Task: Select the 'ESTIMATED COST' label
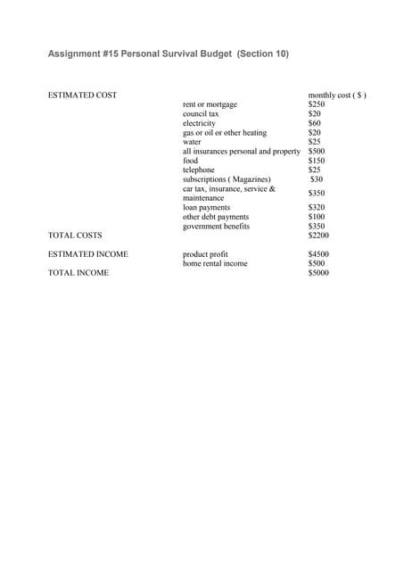(x=81, y=95)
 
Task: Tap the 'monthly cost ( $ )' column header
(x=337, y=95)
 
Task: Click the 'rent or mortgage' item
(x=210, y=104)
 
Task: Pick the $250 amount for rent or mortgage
(x=317, y=104)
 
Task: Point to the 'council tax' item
(x=201, y=114)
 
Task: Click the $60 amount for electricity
(x=314, y=123)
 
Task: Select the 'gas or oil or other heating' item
(x=225, y=133)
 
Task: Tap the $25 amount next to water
(x=314, y=142)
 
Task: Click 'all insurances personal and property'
(x=242, y=152)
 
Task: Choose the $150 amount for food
(x=317, y=161)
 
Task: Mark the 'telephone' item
(x=199, y=170)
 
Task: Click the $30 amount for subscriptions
(x=316, y=179)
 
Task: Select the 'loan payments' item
(x=206, y=208)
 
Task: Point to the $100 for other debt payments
(x=317, y=217)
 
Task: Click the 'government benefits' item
(x=217, y=227)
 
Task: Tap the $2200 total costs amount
(x=318, y=236)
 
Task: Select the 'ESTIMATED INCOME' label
(x=87, y=254)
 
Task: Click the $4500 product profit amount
(x=318, y=254)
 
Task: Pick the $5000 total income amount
(x=318, y=273)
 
